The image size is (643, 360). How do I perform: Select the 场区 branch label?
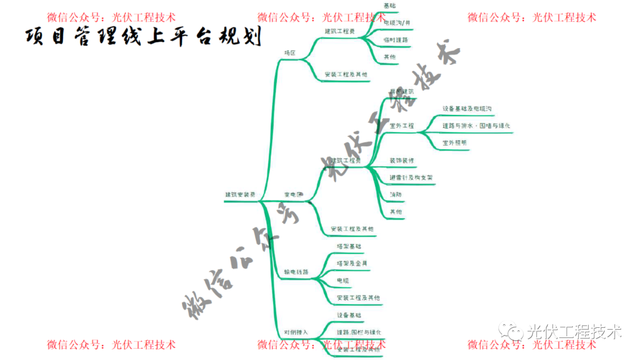coord(290,53)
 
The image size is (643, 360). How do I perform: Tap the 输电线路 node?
coord(296,272)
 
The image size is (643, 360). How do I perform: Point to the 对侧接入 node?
coord(296,331)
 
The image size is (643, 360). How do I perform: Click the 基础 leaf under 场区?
coord(389,5)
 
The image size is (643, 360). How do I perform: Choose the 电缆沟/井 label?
coord(397,23)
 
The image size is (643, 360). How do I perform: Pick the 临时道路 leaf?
coord(396,40)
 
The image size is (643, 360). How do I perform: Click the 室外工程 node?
coord(401,126)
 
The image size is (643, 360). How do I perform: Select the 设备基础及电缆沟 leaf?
coord(467,109)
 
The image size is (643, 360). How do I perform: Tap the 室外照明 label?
coord(454,143)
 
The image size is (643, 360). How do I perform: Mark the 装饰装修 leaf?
coord(402,161)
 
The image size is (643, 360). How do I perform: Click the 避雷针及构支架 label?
coord(411,177)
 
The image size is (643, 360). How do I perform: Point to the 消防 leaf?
coord(395,195)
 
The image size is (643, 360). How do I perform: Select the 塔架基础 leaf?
coord(348,246)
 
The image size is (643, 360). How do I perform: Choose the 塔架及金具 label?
coord(352,263)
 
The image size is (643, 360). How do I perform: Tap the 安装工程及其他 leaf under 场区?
coord(346,75)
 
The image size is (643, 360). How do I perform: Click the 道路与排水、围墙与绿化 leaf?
coord(476,126)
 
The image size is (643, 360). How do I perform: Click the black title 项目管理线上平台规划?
coord(143,37)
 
